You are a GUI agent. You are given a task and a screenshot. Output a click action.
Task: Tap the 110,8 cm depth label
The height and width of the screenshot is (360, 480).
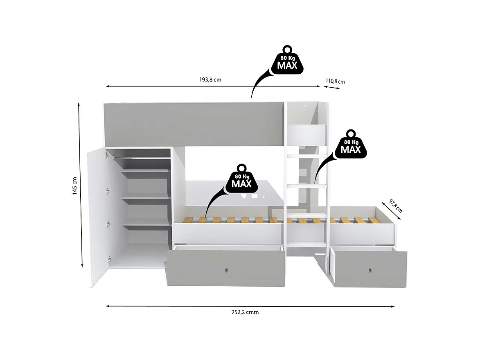[335, 82]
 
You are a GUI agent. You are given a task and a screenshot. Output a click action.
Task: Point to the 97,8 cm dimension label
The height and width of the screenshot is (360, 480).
[395, 206]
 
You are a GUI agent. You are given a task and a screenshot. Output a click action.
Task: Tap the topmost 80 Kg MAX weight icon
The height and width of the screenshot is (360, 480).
[288, 61]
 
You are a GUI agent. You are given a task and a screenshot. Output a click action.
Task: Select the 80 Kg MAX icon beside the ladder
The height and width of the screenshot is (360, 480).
[351, 146]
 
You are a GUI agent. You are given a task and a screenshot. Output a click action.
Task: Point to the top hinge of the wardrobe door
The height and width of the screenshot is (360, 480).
[107, 154]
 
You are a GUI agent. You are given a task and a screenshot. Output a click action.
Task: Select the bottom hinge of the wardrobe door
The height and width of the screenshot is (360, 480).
[109, 258]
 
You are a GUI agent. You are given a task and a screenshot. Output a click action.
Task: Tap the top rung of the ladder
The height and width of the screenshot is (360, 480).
[307, 156]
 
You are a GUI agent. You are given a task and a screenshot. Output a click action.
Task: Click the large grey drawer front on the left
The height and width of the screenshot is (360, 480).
[226, 268]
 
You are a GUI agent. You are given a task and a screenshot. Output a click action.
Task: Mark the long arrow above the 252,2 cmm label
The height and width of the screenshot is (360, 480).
[250, 306]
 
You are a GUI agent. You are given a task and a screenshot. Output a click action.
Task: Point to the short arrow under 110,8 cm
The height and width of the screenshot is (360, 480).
[332, 87]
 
